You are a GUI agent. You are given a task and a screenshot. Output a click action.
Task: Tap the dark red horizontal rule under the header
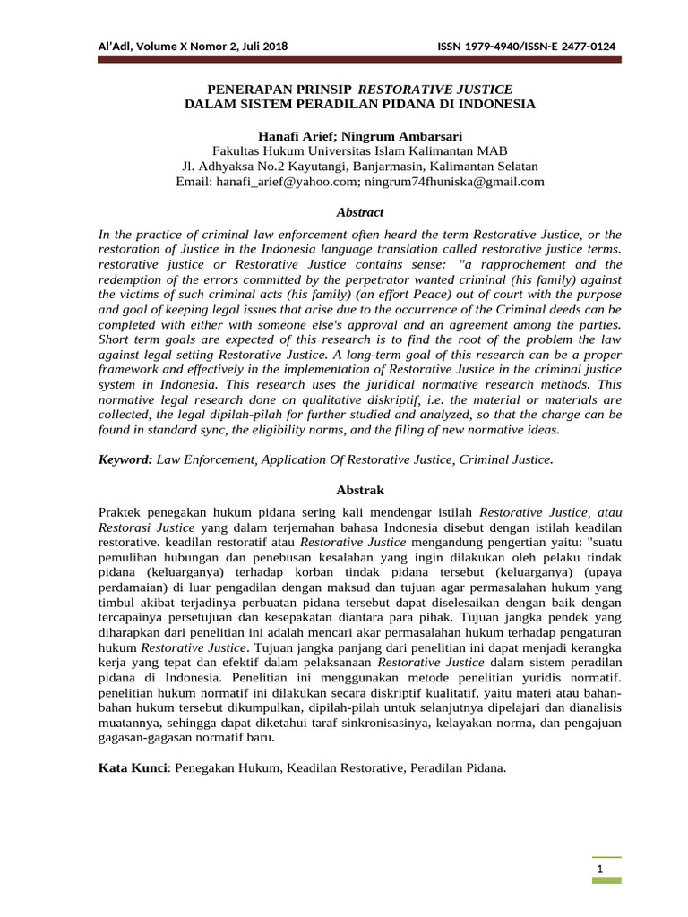coord(358,61)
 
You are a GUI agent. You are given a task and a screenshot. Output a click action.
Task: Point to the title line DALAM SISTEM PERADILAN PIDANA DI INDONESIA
coord(359,104)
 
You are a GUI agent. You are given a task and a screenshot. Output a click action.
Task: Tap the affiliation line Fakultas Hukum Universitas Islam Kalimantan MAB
coord(359,151)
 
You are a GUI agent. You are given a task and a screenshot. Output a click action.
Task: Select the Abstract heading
coord(359,212)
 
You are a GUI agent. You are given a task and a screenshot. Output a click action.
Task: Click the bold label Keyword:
coord(125,458)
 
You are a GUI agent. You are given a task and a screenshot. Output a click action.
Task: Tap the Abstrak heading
coord(359,491)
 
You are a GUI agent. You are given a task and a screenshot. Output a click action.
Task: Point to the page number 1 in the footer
coord(605,870)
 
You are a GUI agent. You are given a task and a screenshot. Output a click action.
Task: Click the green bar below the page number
coord(605,881)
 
